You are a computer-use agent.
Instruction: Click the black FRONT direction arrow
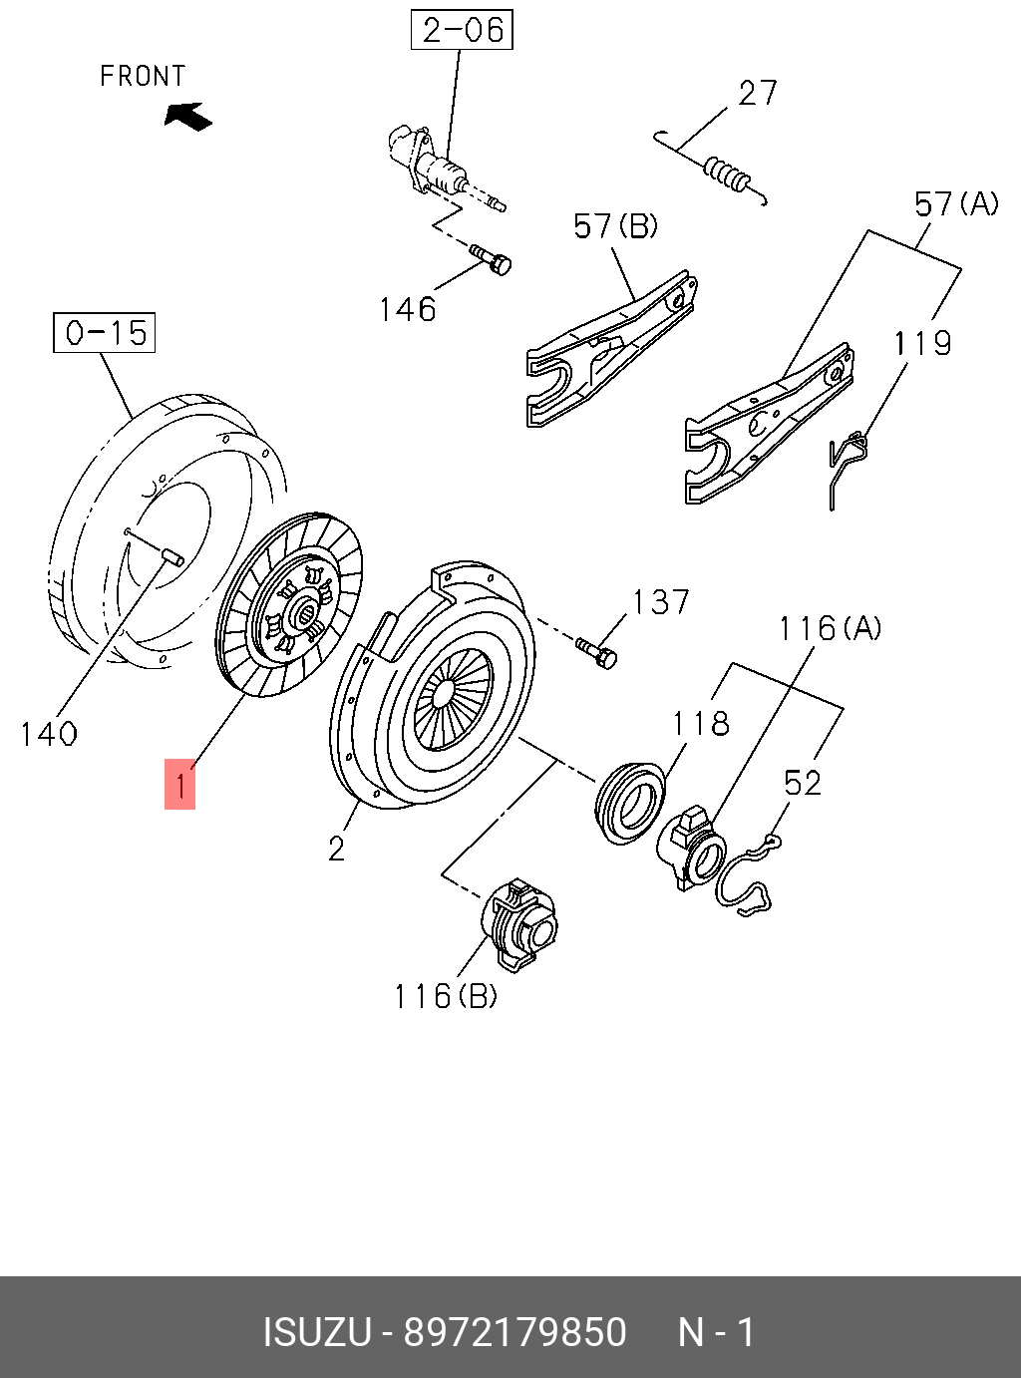tap(187, 117)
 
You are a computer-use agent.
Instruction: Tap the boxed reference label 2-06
tap(462, 30)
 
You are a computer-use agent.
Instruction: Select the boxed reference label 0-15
tap(105, 332)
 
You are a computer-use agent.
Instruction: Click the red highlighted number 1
tap(179, 785)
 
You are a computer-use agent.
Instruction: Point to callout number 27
tap(757, 93)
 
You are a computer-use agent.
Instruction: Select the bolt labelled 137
tap(597, 653)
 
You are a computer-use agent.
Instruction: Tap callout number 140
tap(49, 734)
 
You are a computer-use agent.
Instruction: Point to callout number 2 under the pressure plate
tap(336, 849)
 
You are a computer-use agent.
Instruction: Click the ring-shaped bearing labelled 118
tap(629, 801)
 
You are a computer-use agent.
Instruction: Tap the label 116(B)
tap(445, 995)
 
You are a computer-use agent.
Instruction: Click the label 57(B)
tap(615, 226)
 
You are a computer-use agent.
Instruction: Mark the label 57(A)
tap(955, 204)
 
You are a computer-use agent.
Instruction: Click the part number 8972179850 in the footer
tap(514, 1332)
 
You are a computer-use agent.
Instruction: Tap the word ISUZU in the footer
tap(316, 1332)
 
